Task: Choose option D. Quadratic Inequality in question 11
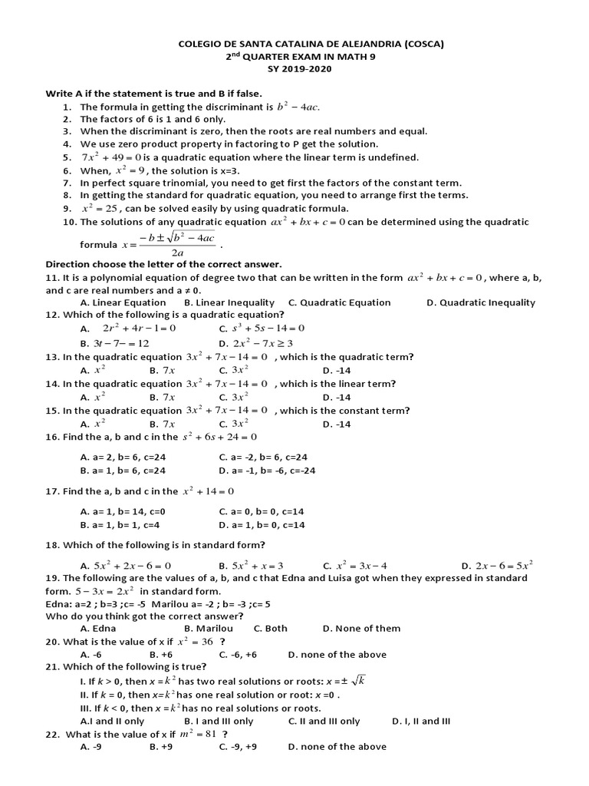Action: tap(481, 302)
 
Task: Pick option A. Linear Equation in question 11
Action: tap(123, 302)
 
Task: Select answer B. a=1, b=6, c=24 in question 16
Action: tap(123, 471)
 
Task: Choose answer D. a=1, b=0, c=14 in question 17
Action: tap(262, 525)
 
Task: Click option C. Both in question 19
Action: tap(270, 628)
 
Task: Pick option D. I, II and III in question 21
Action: tap(421, 721)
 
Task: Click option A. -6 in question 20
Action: tap(91, 655)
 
